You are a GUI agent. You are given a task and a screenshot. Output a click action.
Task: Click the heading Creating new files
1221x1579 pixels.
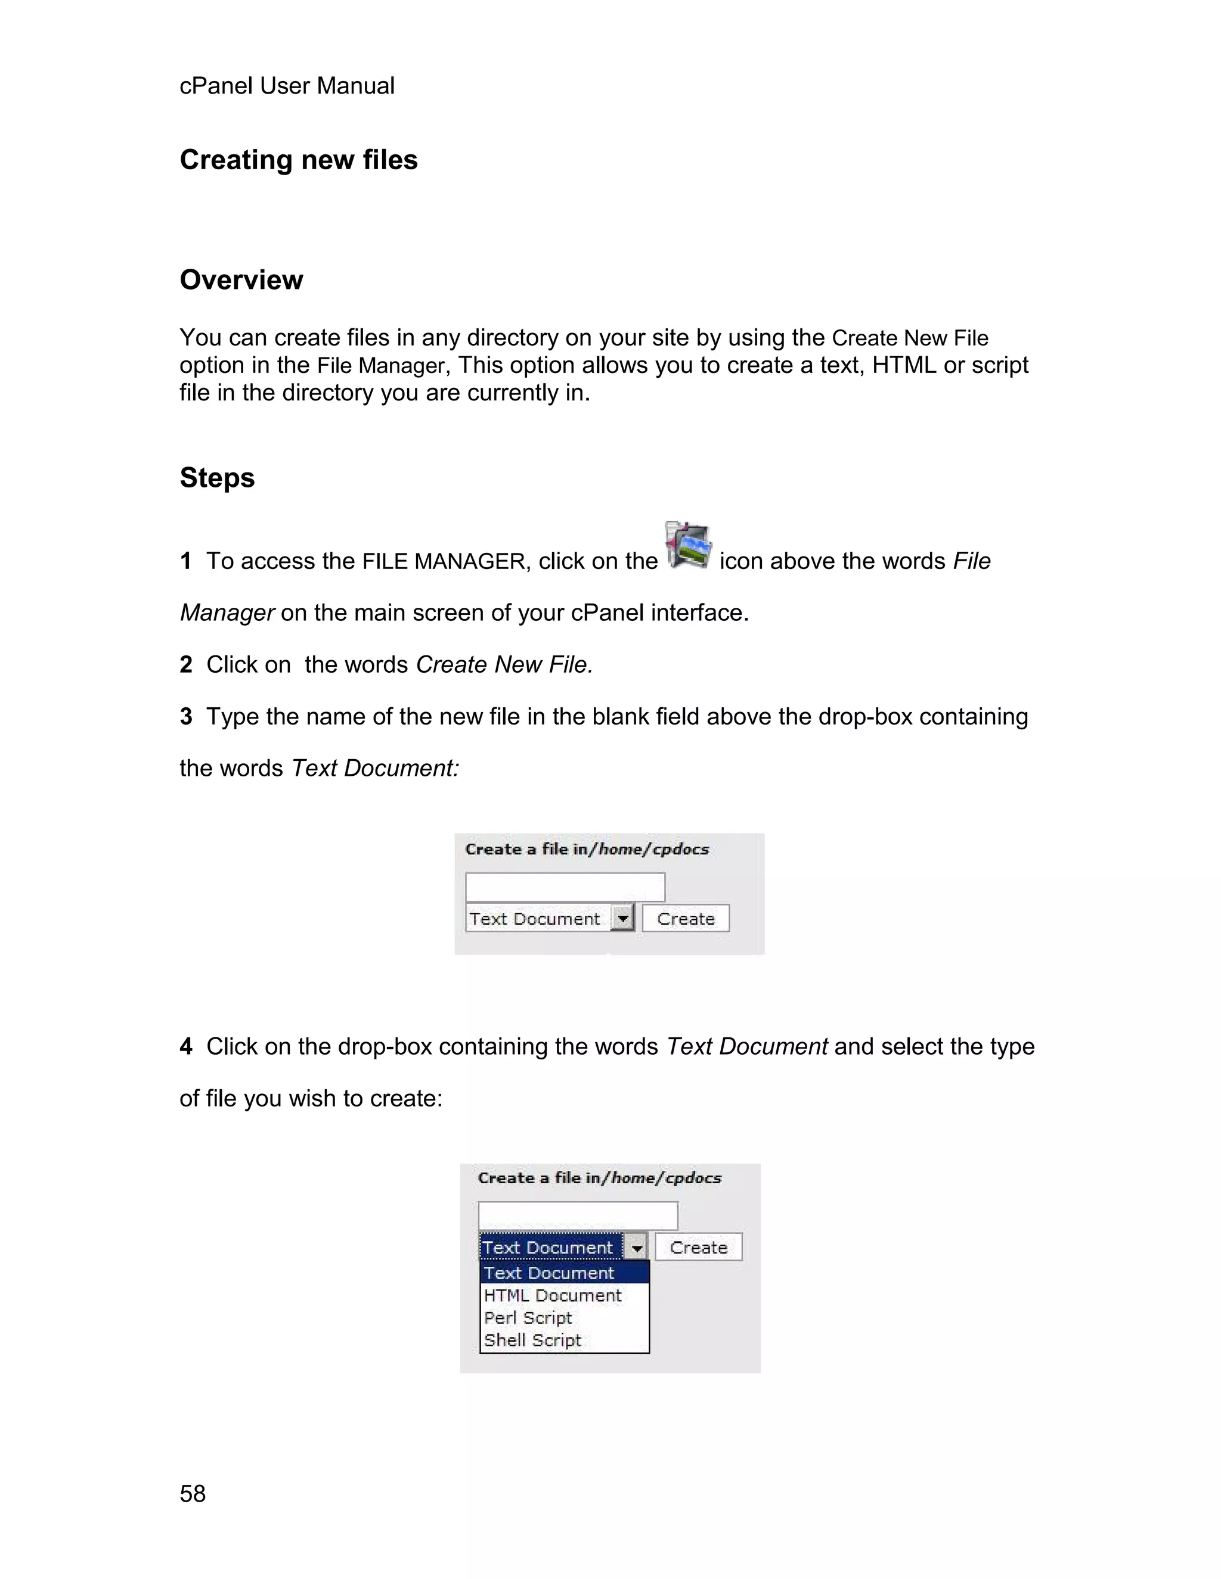298,160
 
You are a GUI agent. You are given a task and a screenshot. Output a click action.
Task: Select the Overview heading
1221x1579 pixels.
241,280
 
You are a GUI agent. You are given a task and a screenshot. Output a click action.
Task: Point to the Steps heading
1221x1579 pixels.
217,478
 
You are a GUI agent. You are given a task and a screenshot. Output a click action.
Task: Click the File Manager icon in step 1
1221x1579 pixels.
688,545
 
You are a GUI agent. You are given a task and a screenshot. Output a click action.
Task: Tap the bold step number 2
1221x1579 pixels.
186,664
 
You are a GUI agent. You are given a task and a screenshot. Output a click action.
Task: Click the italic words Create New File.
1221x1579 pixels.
504,664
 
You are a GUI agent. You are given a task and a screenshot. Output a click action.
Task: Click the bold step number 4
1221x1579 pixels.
186,1046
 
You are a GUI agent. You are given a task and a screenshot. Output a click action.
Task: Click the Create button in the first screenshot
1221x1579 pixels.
685,918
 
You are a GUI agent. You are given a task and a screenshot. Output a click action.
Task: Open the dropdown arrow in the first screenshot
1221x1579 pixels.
622,918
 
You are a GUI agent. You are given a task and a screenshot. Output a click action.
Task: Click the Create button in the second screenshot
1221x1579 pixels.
698,1247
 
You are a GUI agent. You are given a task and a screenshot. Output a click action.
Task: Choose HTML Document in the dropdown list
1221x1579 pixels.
553,1295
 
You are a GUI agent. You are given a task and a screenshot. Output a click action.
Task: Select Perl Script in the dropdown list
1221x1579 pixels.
528,1318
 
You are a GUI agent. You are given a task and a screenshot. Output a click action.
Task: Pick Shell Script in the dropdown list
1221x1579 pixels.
532,1341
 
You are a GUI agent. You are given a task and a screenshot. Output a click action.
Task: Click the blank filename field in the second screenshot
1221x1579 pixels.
577,1216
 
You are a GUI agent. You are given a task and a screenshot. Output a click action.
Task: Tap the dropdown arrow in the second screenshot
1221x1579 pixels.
636,1247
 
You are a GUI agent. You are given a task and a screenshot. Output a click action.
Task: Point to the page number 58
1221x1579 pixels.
193,1494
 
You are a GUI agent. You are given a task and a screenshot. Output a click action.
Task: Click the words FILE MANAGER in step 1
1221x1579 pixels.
444,561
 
